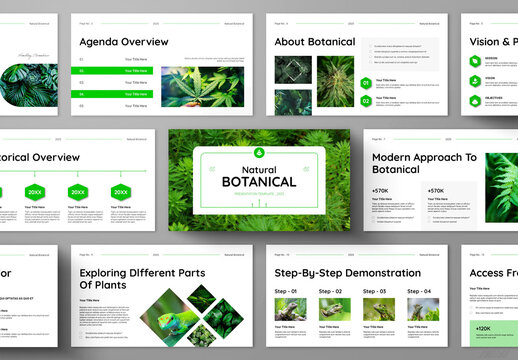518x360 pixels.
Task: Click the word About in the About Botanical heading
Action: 291,42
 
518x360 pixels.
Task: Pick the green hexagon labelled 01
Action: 366,84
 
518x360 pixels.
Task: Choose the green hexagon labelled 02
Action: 366,100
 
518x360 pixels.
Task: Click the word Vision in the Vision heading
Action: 486,42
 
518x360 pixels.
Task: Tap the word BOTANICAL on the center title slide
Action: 259,181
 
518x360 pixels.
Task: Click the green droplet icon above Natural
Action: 259,152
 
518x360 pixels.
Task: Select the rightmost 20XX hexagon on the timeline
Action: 121,192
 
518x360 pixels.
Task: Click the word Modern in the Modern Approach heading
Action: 395,157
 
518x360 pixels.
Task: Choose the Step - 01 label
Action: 287,291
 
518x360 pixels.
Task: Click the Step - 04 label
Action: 419,291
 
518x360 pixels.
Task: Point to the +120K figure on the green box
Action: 482,328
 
